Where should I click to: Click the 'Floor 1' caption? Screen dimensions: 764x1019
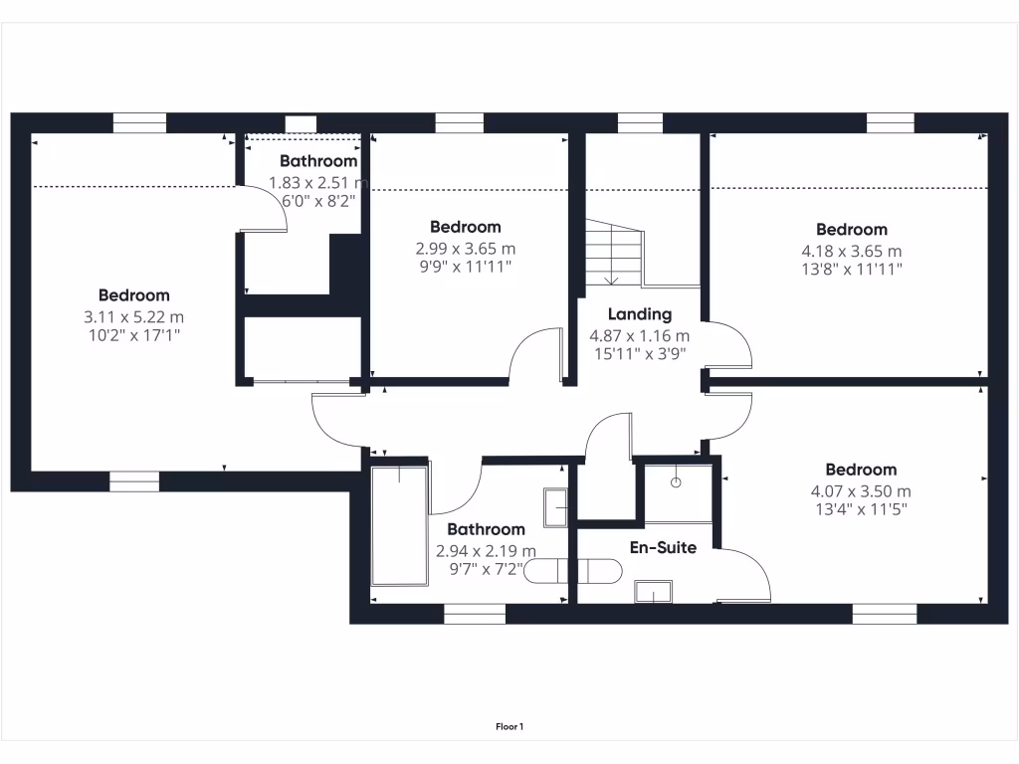coord(509,727)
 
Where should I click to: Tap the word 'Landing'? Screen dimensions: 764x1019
coord(640,314)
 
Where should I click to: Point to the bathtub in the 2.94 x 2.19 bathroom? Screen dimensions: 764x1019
coord(399,525)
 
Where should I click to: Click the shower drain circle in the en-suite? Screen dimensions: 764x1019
coord(676,482)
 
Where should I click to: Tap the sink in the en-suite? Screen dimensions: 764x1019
coord(653,592)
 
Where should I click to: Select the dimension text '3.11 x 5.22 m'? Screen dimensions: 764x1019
coord(133,317)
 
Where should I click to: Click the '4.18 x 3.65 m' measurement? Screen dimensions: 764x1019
coord(851,251)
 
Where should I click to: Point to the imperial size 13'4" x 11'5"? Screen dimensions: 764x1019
coord(860,509)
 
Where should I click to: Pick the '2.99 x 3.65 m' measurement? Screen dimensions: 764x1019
coord(465,249)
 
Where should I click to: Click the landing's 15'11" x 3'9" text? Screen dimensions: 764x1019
coord(640,353)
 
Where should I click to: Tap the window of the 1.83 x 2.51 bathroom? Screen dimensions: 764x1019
coord(301,124)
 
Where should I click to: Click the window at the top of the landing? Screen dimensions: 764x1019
coord(640,123)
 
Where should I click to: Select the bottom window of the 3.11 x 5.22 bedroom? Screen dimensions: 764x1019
coord(133,481)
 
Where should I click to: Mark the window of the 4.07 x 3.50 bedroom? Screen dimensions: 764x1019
coord(885,614)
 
